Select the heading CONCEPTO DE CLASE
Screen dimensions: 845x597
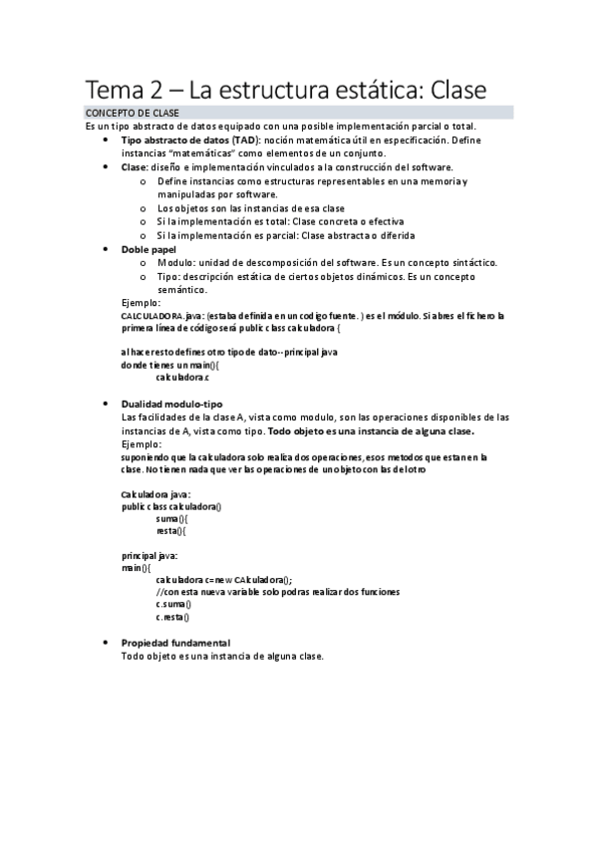[x=133, y=114]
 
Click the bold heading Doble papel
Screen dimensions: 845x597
[x=149, y=248]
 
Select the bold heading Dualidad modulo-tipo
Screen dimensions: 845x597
[x=171, y=403]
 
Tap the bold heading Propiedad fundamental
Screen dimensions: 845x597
[x=175, y=643]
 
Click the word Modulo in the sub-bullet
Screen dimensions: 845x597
[x=178, y=262]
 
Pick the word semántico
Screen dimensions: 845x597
[x=182, y=289]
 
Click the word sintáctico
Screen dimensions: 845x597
[x=470, y=262]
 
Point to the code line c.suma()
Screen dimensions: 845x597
[x=173, y=604]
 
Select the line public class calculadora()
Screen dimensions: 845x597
[x=170, y=506]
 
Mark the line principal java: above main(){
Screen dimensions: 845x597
[x=149, y=555]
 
